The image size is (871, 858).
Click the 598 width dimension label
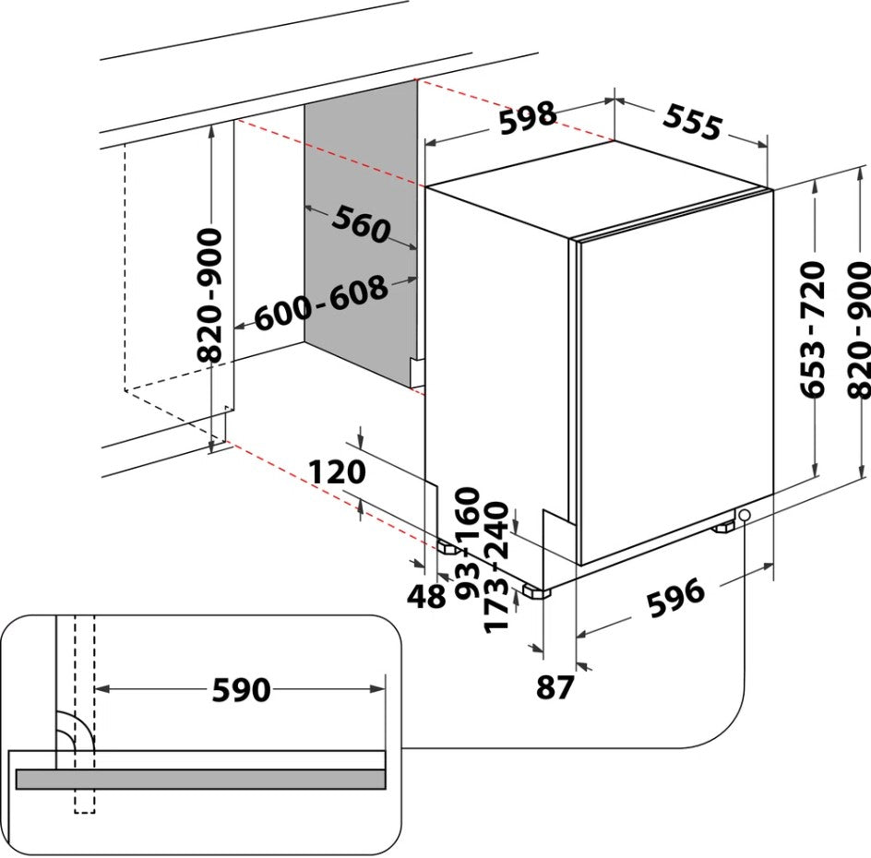pyautogui.click(x=529, y=118)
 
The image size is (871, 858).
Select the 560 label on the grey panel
pyautogui.click(x=362, y=224)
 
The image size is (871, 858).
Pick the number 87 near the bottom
pyautogui.click(x=555, y=687)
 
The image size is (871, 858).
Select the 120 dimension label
pyautogui.click(x=337, y=472)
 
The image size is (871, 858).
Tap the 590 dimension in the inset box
pyautogui.click(x=241, y=689)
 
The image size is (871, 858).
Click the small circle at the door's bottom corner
pyautogui.click(x=744, y=515)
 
